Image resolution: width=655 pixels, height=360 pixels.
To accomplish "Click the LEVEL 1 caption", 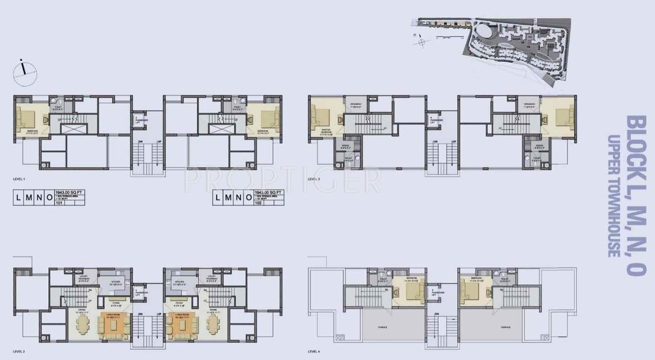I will (x=21, y=180).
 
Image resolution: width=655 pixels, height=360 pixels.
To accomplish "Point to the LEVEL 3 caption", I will (x=314, y=180).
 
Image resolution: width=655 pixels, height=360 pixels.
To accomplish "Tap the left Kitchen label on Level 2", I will (x=116, y=282).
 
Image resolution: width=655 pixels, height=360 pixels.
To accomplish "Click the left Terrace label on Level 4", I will (x=383, y=327).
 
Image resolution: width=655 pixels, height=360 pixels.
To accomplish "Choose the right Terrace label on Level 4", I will (x=506, y=327).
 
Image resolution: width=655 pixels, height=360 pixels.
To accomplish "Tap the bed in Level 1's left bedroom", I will (x=26, y=119).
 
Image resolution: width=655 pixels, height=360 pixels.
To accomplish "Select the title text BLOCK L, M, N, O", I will (x=635, y=196).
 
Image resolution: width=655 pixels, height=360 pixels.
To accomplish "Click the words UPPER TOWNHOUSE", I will (x=612, y=196).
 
